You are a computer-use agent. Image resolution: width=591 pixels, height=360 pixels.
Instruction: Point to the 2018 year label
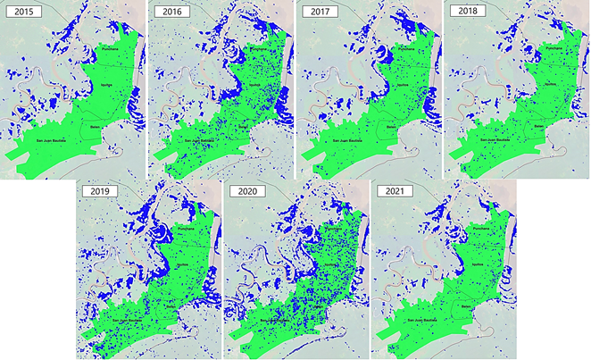(467, 12)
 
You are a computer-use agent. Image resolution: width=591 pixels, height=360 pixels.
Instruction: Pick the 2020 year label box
(246, 192)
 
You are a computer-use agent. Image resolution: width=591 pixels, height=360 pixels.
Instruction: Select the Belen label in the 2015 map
(95, 128)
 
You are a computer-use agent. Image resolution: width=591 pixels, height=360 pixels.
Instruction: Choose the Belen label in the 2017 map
(389, 128)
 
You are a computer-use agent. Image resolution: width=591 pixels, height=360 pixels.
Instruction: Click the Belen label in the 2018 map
(538, 128)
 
